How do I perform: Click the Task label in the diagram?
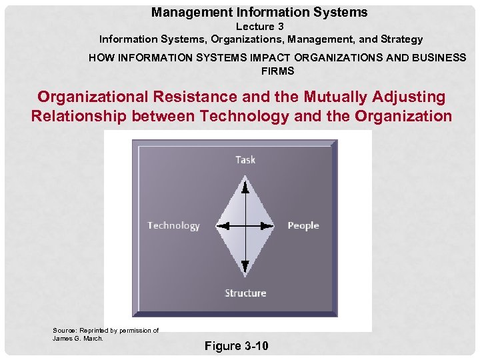pyautogui.click(x=245, y=159)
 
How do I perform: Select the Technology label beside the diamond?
pyautogui.click(x=173, y=226)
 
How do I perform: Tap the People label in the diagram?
pyautogui.click(x=303, y=226)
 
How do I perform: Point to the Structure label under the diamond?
pyautogui.click(x=245, y=293)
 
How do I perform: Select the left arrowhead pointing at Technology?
pyautogui.click(x=222, y=225)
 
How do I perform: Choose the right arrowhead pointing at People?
pyautogui.click(x=269, y=225)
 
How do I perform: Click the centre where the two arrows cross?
pyautogui.click(x=245, y=225)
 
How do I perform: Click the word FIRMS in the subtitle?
pyautogui.click(x=277, y=71)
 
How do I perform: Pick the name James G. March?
pyautogui.click(x=79, y=338)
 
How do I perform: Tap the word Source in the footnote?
pyautogui.click(x=64, y=330)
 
